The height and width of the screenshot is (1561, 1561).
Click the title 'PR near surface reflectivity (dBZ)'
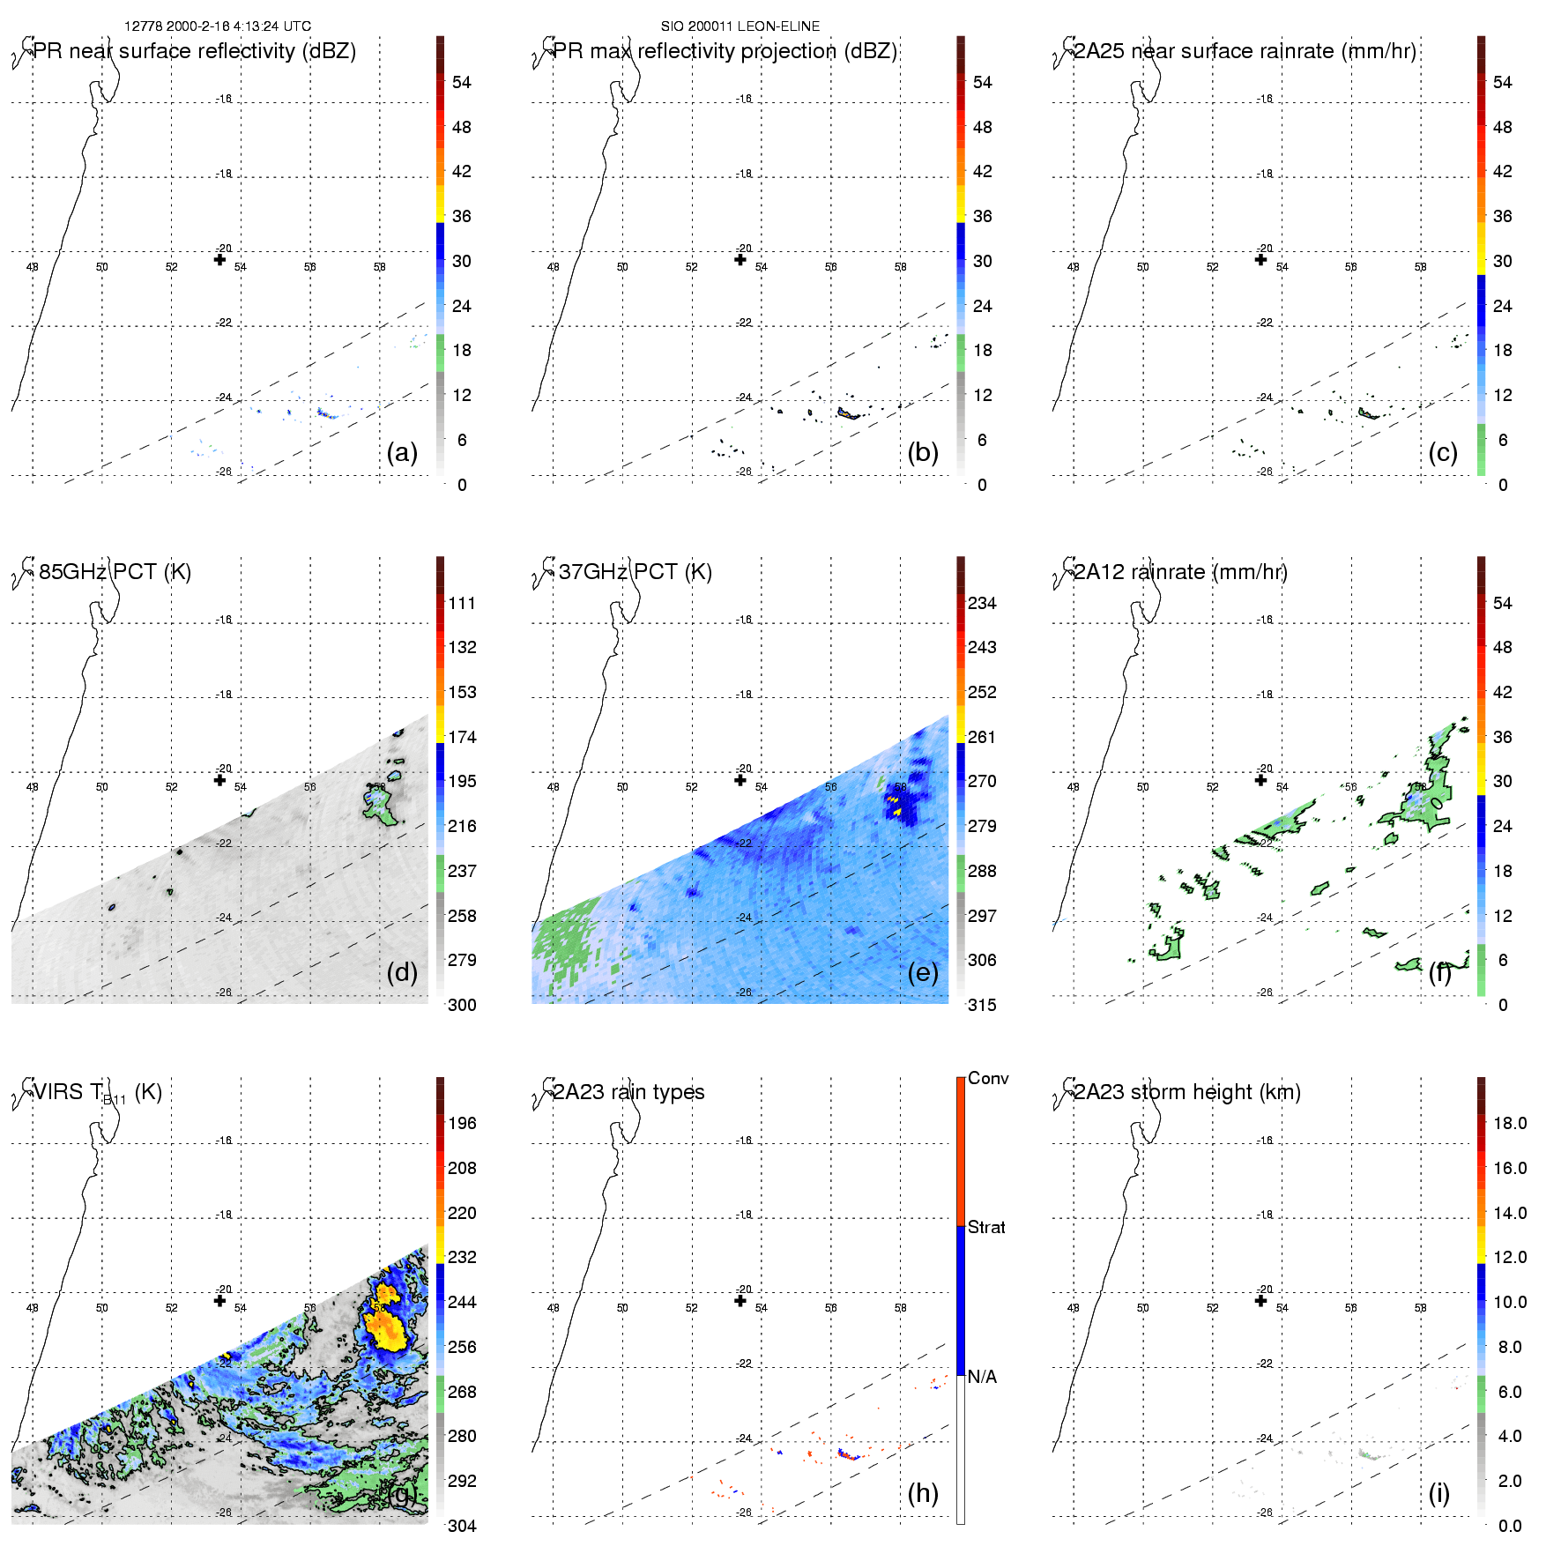pos(195,51)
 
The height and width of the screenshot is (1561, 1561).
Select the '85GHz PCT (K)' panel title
pos(115,572)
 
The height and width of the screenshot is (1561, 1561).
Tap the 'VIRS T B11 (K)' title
pos(97,1093)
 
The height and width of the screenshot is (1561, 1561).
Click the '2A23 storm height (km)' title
pos(1187,1092)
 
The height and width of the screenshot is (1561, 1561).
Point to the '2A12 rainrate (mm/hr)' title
pos(1180,572)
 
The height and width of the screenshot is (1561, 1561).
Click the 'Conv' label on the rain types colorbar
pos(988,1078)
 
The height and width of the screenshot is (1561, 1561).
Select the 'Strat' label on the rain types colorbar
pos(986,1227)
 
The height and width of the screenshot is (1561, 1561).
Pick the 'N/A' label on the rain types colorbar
pos(982,1377)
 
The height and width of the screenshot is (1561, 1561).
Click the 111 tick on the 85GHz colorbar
pos(462,603)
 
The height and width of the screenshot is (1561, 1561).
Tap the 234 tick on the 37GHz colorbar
pos(982,603)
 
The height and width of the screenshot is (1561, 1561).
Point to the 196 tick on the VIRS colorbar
pos(462,1123)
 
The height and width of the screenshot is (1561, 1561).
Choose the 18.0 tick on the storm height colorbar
pos(1510,1123)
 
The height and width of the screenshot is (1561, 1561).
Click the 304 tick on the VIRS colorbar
pos(462,1526)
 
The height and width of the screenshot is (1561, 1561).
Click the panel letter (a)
pos(402,453)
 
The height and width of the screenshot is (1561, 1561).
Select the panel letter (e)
pos(923,973)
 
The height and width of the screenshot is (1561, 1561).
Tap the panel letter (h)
pos(923,1493)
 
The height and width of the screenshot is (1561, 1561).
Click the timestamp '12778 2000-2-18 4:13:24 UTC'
pos(218,26)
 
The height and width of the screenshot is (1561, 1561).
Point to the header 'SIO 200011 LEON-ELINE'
pos(740,26)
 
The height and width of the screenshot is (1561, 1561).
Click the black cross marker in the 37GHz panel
pos(740,780)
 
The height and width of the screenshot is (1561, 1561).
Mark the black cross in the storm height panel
pos(1260,1300)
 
